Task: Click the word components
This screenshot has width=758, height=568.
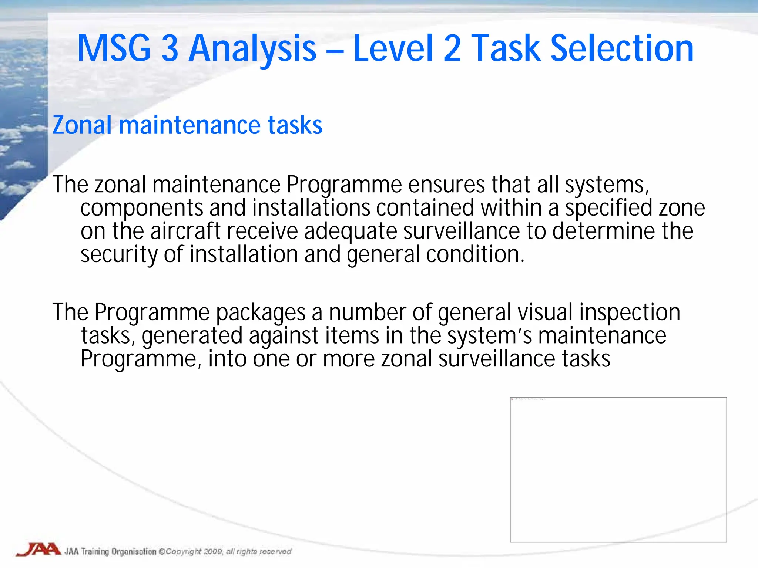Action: click(142, 208)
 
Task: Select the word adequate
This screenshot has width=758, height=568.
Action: click(351, 231)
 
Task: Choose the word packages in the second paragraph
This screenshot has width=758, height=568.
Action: click(261, 312)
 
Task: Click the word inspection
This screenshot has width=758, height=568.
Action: click(630, 312)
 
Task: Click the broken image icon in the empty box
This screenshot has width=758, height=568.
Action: click(512, 399)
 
